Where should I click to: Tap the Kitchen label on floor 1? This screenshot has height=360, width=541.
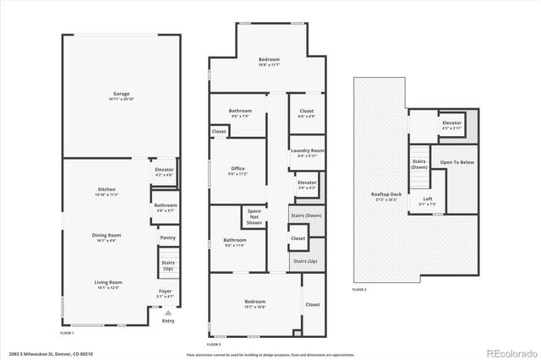(x=107, y=189)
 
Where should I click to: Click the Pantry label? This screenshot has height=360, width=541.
(x=167, y=238)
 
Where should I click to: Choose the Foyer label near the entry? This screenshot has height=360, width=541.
(x=165, y=292)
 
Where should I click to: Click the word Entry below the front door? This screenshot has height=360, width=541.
(x=168, y=320)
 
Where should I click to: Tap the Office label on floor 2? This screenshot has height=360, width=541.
(x=238, y=169)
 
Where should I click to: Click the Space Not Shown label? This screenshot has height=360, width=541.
(x=254, y=216)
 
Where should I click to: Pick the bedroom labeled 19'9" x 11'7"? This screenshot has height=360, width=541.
(x=269, y=58)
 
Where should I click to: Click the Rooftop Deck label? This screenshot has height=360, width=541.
(x=385, y=195)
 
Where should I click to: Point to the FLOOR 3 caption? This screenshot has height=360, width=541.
(x=359, y=290)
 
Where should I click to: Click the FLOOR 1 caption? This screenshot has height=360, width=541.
(x=68, y=333)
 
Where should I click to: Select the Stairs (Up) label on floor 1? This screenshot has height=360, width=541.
(x=167, y=265)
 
